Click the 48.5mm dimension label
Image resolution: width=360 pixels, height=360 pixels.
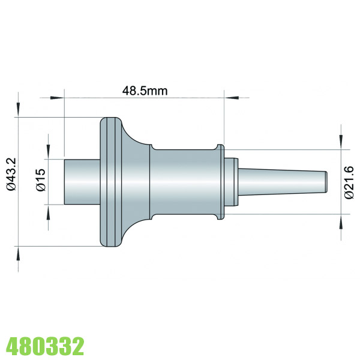pyautogui.click(x=144, y=91)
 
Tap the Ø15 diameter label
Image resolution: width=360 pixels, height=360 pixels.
pyautogui.click(x=40, y=180)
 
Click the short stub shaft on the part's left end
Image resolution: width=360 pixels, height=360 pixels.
pyautogui.click(x=82, y=181)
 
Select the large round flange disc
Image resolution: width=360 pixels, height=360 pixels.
pyautogui.click(x=110, y=181)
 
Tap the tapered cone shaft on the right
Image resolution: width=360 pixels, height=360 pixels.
pyautogui.click(x=282, y=181)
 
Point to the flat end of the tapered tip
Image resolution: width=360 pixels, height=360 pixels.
pyautogui.click(x=326, y=181)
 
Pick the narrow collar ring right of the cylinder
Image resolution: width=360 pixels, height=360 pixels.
pyautogui.click(x=220, y=181)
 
